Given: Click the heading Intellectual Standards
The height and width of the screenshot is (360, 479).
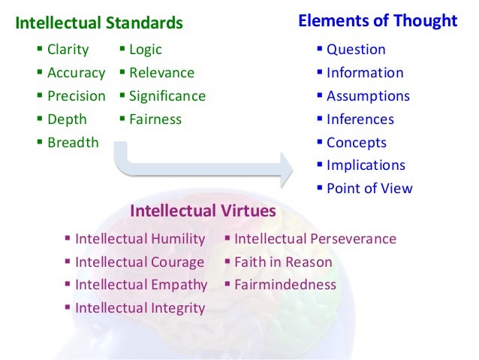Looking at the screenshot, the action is (99, 23).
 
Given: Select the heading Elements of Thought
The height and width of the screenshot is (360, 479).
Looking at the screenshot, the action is (378, 21).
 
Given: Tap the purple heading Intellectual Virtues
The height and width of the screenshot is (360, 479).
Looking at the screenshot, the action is (203, 211).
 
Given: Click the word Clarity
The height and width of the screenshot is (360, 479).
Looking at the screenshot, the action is (68, 50).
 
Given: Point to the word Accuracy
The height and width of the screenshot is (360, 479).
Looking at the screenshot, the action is (76, 74).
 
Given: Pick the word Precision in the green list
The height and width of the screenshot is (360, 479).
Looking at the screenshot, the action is (77, 96).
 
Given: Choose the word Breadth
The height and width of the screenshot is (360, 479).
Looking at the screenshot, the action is (73, 142).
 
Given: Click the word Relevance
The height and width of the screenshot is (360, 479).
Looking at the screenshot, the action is (161, 74).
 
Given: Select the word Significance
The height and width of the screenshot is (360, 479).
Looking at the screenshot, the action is (167, 96).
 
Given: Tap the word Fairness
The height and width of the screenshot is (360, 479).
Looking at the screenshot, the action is (155, 119).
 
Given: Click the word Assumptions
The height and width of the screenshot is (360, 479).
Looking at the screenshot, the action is (368, 96).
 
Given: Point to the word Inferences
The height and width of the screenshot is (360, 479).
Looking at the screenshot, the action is (360, 119).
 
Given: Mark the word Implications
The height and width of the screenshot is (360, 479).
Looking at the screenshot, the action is (366, 165).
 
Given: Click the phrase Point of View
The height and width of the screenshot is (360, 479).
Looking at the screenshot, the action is (369, 188).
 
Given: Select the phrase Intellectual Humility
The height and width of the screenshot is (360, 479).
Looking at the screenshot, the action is (140, 239).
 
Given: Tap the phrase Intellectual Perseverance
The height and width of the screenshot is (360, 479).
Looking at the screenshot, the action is (315, 239).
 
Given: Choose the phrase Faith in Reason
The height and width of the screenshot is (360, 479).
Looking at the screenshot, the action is (283, 262).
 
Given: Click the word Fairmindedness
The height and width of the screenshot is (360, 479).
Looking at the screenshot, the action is (285, 285).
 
